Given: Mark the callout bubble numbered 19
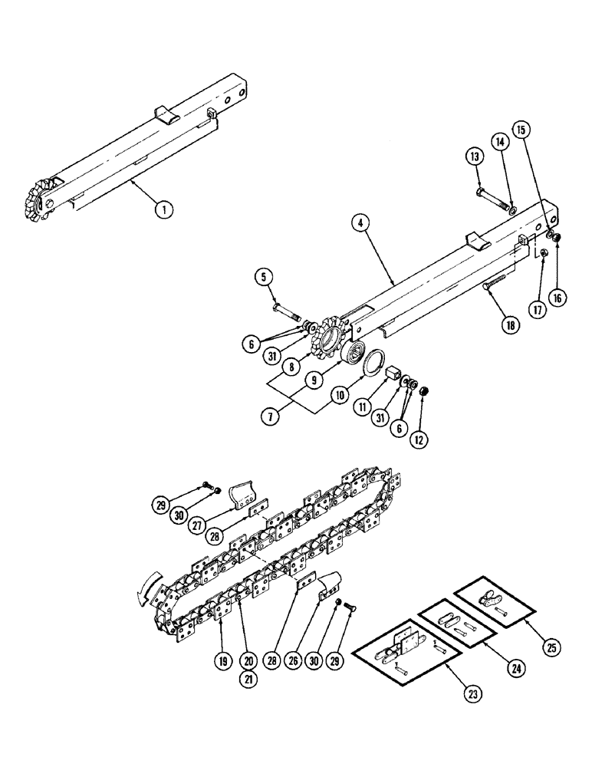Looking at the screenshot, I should tap(222, 659).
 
